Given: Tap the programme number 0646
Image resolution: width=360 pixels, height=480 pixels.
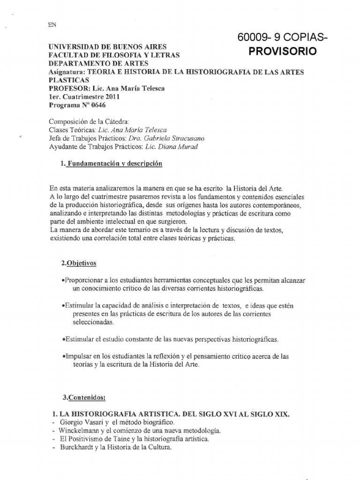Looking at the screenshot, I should point(103,105).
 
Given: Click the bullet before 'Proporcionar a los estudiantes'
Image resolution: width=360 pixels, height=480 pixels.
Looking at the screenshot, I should point(64,280).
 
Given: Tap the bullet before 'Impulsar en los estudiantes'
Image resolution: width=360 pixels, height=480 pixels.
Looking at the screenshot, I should point(64,356).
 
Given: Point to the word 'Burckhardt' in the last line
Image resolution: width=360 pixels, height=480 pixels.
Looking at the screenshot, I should point(75,447).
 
